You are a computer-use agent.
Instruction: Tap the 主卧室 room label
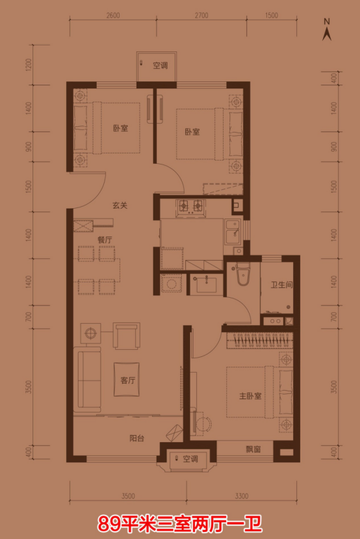[x=250, y=396]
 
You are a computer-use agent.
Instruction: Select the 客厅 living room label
[x=127, y=380]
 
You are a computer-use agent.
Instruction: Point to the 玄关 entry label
[x=120, y=205]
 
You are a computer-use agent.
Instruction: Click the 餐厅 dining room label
[x=105, y=240]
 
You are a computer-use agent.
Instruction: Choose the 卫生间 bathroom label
[x=281, y=285]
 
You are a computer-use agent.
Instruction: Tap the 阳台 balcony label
[x=136, y=438]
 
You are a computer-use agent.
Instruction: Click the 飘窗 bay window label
[x=253, y=449]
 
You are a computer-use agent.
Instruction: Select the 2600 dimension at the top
[x=113, y=16]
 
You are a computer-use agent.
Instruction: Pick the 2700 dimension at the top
[x=201, y=16]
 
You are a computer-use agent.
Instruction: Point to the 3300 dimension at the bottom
[x=242, y=496]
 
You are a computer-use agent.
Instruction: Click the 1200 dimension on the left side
[x=29, y=64]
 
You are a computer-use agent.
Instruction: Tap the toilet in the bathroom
[x=242, y=274]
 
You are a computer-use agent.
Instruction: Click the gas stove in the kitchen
[x=190, y=206]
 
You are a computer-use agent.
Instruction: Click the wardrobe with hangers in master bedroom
[x=260, y=340]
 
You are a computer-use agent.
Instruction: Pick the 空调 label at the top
[x=160, y=65]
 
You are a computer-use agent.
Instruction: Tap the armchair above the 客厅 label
[x=127, y=336]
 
